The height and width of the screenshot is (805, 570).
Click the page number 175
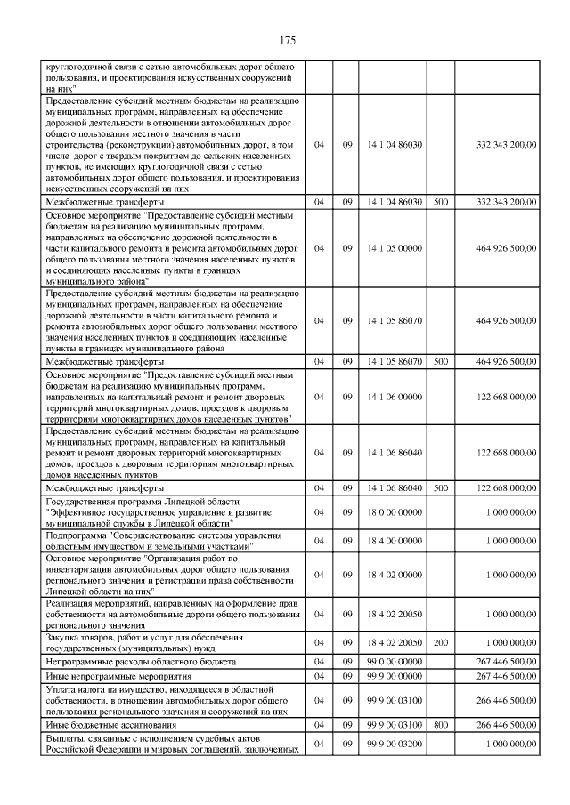tap(287, 41)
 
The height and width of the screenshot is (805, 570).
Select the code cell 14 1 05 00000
tap(394, 247)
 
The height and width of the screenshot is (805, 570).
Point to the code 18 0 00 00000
tap(394, 513)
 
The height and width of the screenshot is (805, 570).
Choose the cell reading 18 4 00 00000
tap(394, 540)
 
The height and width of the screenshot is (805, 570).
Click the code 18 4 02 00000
tap(394, 575)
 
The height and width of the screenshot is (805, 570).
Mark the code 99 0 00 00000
tap(394, 662)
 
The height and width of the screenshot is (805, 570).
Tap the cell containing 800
tap(439, 725)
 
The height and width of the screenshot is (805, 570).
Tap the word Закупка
tap(64, 638)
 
